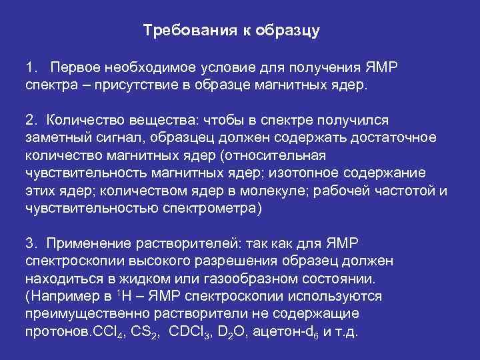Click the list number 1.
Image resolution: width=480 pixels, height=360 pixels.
(x=30, y=68)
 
